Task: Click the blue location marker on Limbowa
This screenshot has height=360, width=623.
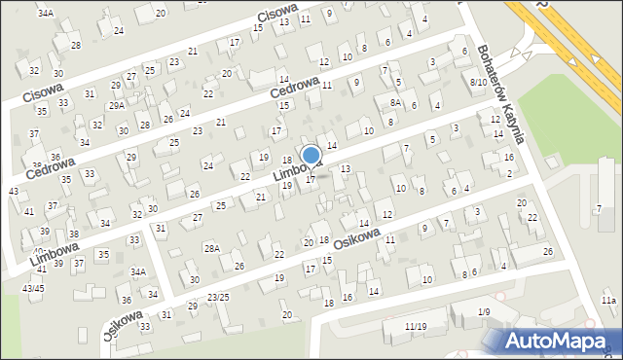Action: [x=311, y=155]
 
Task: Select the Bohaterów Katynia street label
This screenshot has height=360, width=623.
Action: [x=501, y=93]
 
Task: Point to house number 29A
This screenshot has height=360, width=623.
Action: [x=116, y=105]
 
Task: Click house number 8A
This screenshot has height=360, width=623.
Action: [x=395, y=102]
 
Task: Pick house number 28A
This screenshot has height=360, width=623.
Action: [x=211, y=248]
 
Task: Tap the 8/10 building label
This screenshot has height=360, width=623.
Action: [x=478, y=82]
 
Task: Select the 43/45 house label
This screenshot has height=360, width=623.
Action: [x=33, y=288]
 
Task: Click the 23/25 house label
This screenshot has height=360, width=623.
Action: [x=218, y=297]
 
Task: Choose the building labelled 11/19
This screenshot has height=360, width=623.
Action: [x=416, y=326]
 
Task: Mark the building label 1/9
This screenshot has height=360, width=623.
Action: [x=484, y=311]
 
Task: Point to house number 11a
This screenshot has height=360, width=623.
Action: [x=608, y=302]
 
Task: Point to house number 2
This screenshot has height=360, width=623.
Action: [x=510, y=173]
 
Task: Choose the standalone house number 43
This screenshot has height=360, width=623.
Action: [x=13, y=192]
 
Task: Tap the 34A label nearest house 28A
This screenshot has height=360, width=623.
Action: [x=138, y=271]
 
